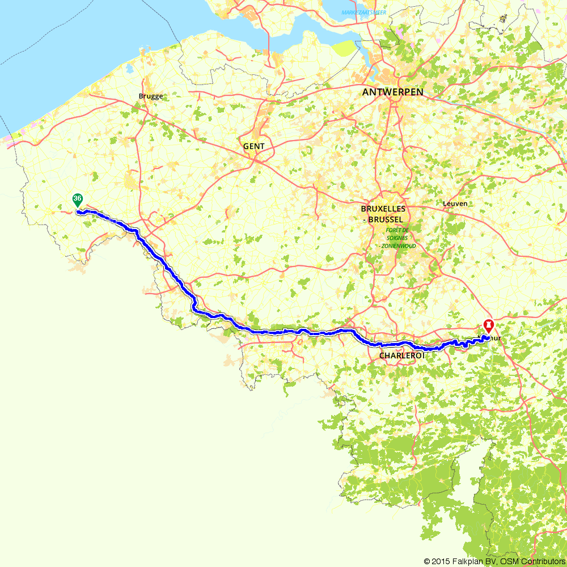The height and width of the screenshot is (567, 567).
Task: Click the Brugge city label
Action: pos(150,96)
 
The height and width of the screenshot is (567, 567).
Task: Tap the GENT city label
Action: pos(253,146)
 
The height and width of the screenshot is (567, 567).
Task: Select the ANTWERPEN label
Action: pos(392,92)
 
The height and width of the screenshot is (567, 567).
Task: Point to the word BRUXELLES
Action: pos(387,209)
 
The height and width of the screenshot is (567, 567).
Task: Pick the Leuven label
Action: pos(455,204)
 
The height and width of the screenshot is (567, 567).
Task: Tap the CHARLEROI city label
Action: pos(401,356)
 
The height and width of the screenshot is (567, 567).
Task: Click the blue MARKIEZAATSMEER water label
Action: pos(363,12)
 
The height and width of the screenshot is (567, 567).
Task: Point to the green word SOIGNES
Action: pos(393,238)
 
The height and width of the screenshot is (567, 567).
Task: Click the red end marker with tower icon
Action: pos(488,325)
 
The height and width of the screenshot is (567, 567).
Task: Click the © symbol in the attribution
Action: pos(426,561)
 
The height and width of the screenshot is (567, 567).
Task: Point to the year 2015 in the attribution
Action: pos(439,561)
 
